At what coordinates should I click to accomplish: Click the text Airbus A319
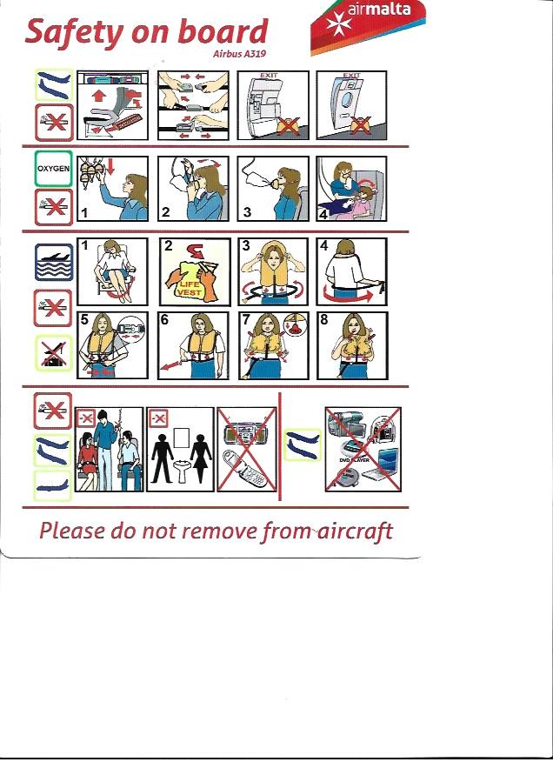click(x=240, y=54)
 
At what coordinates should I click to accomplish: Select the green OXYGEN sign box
click(x=53, y=169)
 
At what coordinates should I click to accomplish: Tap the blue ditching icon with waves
click(x=54, y=263)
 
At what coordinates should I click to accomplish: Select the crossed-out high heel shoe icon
click(x=53, y=353)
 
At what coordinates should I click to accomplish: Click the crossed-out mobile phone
click(x=244, y=470)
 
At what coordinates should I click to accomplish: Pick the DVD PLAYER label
click(x=354, y=460)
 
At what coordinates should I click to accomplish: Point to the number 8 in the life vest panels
click(x=324, y=319)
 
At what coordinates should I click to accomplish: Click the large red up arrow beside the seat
click(x=98, y=95)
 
